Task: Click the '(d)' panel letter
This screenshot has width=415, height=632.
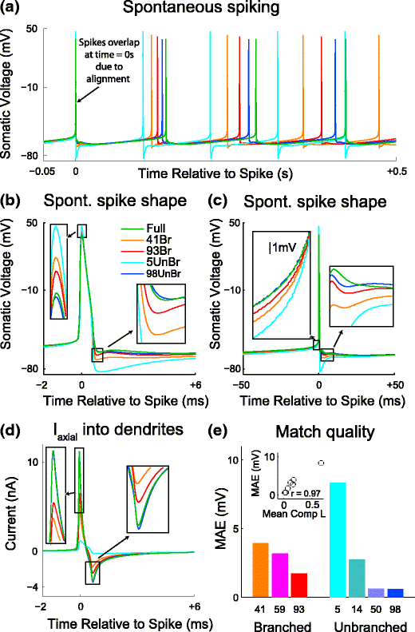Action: [14, 434]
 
